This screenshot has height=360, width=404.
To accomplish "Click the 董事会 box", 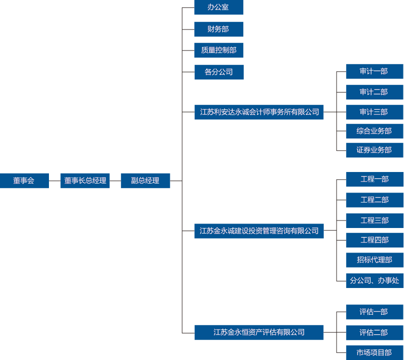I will pyautogui.click(x=24, y=180).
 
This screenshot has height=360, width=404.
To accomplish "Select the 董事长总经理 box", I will pyautogui.click(x=85, y=180).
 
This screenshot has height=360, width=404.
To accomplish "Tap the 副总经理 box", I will pyautogui.click(x=145, y=180).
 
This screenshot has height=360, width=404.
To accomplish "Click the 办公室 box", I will pyautogui.click(x=219, y=7).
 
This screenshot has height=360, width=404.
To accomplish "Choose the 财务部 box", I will pyautogui.click(x=219, y=29).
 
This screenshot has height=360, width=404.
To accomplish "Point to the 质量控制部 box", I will pyautogui.click(x=219, y=50).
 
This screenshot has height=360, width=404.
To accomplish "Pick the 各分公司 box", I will pyautogui.click(x=219, y=72).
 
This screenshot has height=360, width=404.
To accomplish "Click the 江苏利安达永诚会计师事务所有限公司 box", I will pyautogui.click(x=259, y=112).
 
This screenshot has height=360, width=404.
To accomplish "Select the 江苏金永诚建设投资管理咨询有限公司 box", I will pyautogui.click(x=259, y=231).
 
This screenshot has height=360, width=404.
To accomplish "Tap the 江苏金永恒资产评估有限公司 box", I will pyautogui.click(x=259, y=332).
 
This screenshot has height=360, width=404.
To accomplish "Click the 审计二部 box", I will pyautogui.click(x=374, y=92).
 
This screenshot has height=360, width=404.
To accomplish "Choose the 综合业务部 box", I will pyautogui.click(x=374, y=131).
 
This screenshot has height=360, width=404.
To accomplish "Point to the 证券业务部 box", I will pyautogui.click(x=374, y=150).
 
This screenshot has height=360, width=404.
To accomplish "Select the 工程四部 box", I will pyautogui.click(x=374, y=240).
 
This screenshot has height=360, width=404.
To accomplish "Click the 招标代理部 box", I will pyautogui.click(x=374, y=260).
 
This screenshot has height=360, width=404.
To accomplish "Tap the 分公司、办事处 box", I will pyautogui.click(x=374, y=280).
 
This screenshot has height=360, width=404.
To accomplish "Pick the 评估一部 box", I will pyautogui.click(x=374, y=312).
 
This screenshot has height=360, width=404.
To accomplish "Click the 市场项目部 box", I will pyautogui.click(x=374, y=352).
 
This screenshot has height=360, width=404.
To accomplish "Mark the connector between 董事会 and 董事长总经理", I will pyautogui.click(x=54, y=180).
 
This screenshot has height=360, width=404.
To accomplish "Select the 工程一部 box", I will pyautogui.click(x=374, y=179).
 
